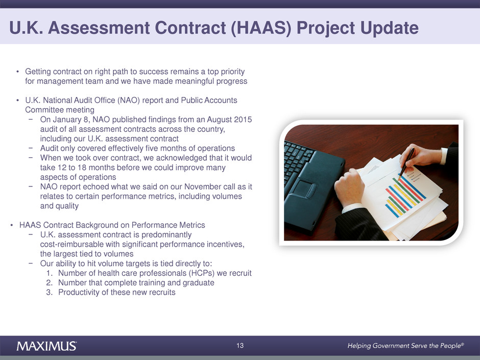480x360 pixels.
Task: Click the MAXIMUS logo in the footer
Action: click(x=46, y=346)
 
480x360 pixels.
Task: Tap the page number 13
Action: click(x=240, y=346)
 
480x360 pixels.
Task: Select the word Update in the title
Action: click(x=390, y=29)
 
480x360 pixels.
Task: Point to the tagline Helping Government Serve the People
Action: click(x=405, y=346)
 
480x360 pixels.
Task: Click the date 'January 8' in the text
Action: click(x=70, y=119)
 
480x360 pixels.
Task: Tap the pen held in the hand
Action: click(x=406, y=163)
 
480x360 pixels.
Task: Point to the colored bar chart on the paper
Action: click(x=405, y=197)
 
